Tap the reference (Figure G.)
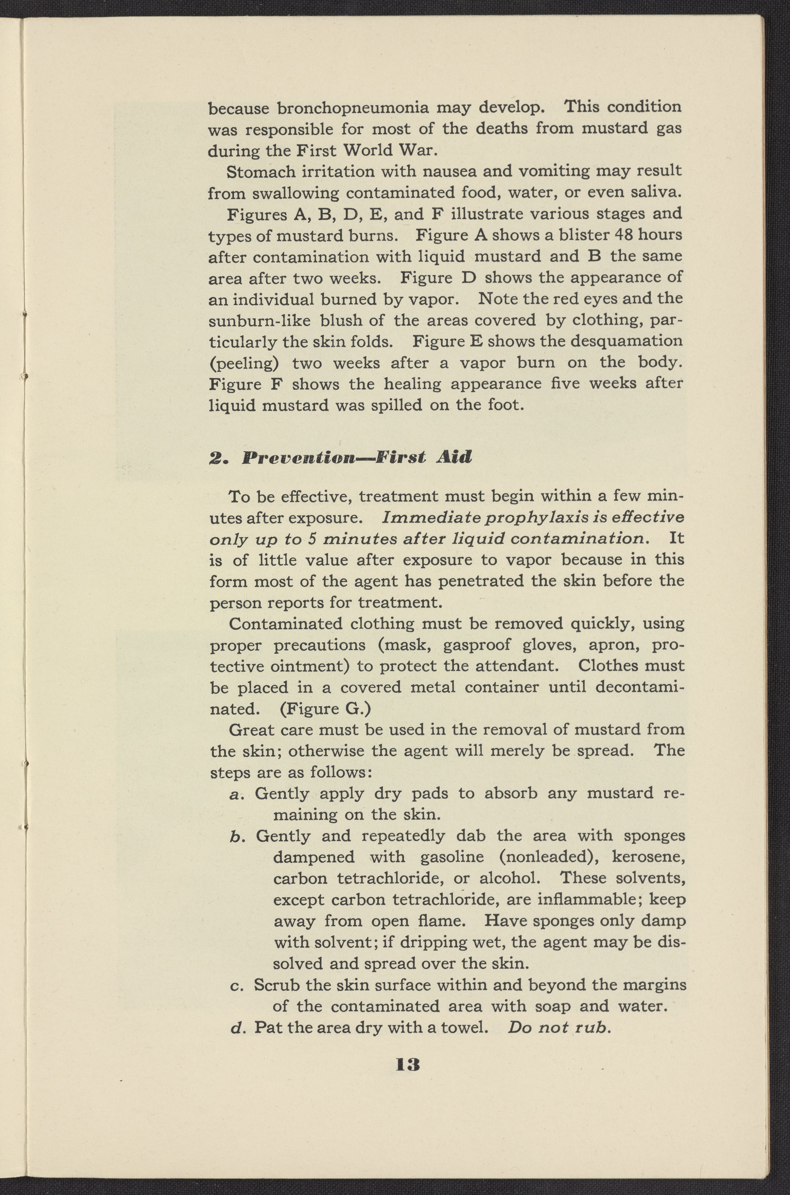click(x=325, y=709)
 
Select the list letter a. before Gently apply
click(x=235, y=795)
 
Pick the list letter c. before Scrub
click(x=234, y=985)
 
